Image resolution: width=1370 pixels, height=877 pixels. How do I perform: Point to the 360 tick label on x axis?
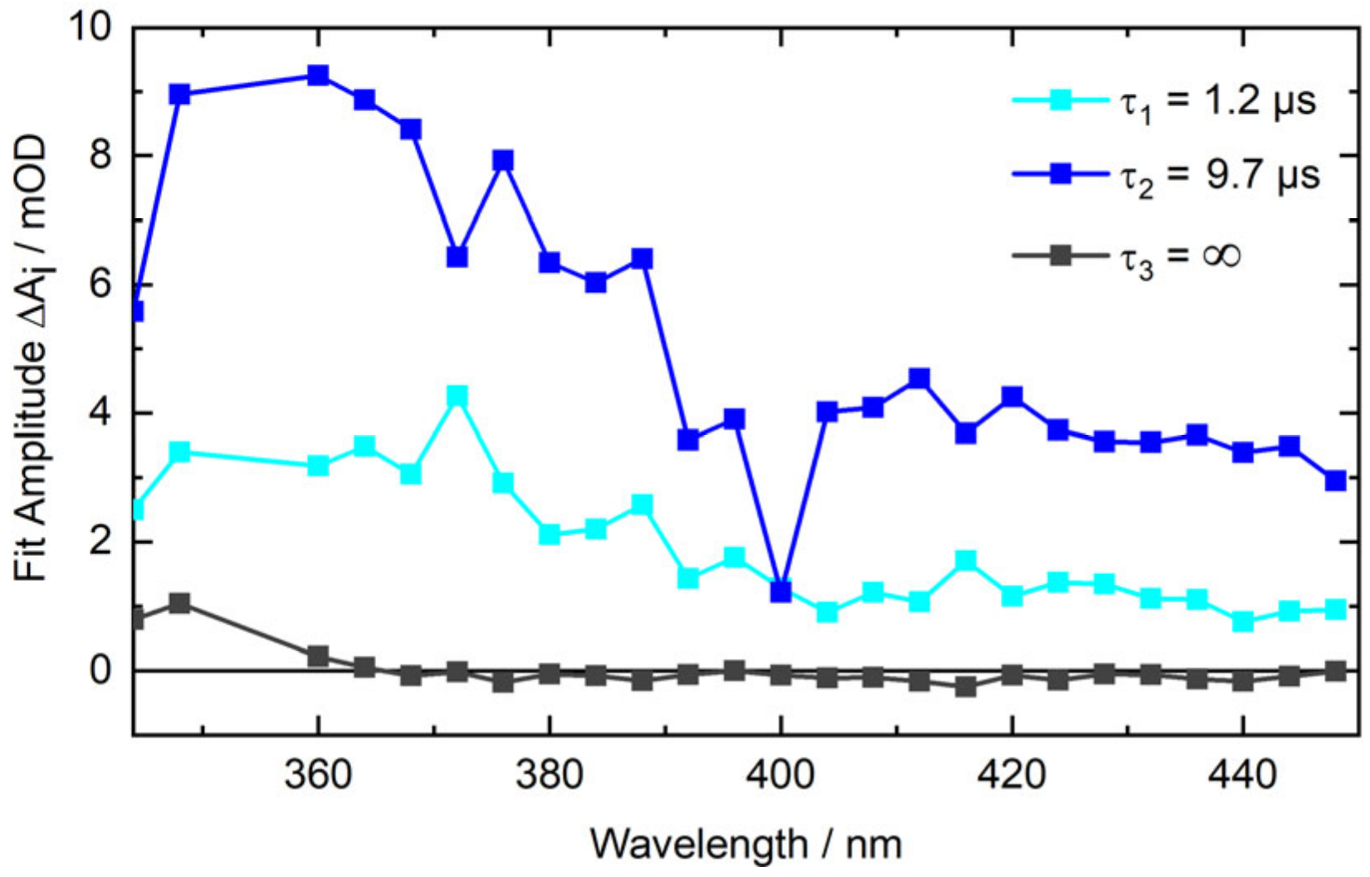point(318,775)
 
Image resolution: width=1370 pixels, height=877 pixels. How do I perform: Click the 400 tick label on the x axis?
point(780,775)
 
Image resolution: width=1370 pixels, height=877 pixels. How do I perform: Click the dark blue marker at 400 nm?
point(780,592)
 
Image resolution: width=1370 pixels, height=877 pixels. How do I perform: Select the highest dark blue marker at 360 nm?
point(318,76)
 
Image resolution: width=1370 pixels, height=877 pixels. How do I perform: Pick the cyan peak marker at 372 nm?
point(457,396)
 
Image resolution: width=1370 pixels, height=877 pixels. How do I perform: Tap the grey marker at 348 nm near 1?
point(179,602)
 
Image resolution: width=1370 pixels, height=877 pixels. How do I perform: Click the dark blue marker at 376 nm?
point(503,160)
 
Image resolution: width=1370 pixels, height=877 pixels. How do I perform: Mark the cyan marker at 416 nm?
point(966,561)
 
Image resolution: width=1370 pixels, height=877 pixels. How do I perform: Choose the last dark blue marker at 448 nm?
point(1335,480)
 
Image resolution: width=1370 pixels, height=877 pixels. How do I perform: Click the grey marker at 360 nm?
point(318,656)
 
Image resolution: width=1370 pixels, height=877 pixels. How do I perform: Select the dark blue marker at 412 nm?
point(919,379)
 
